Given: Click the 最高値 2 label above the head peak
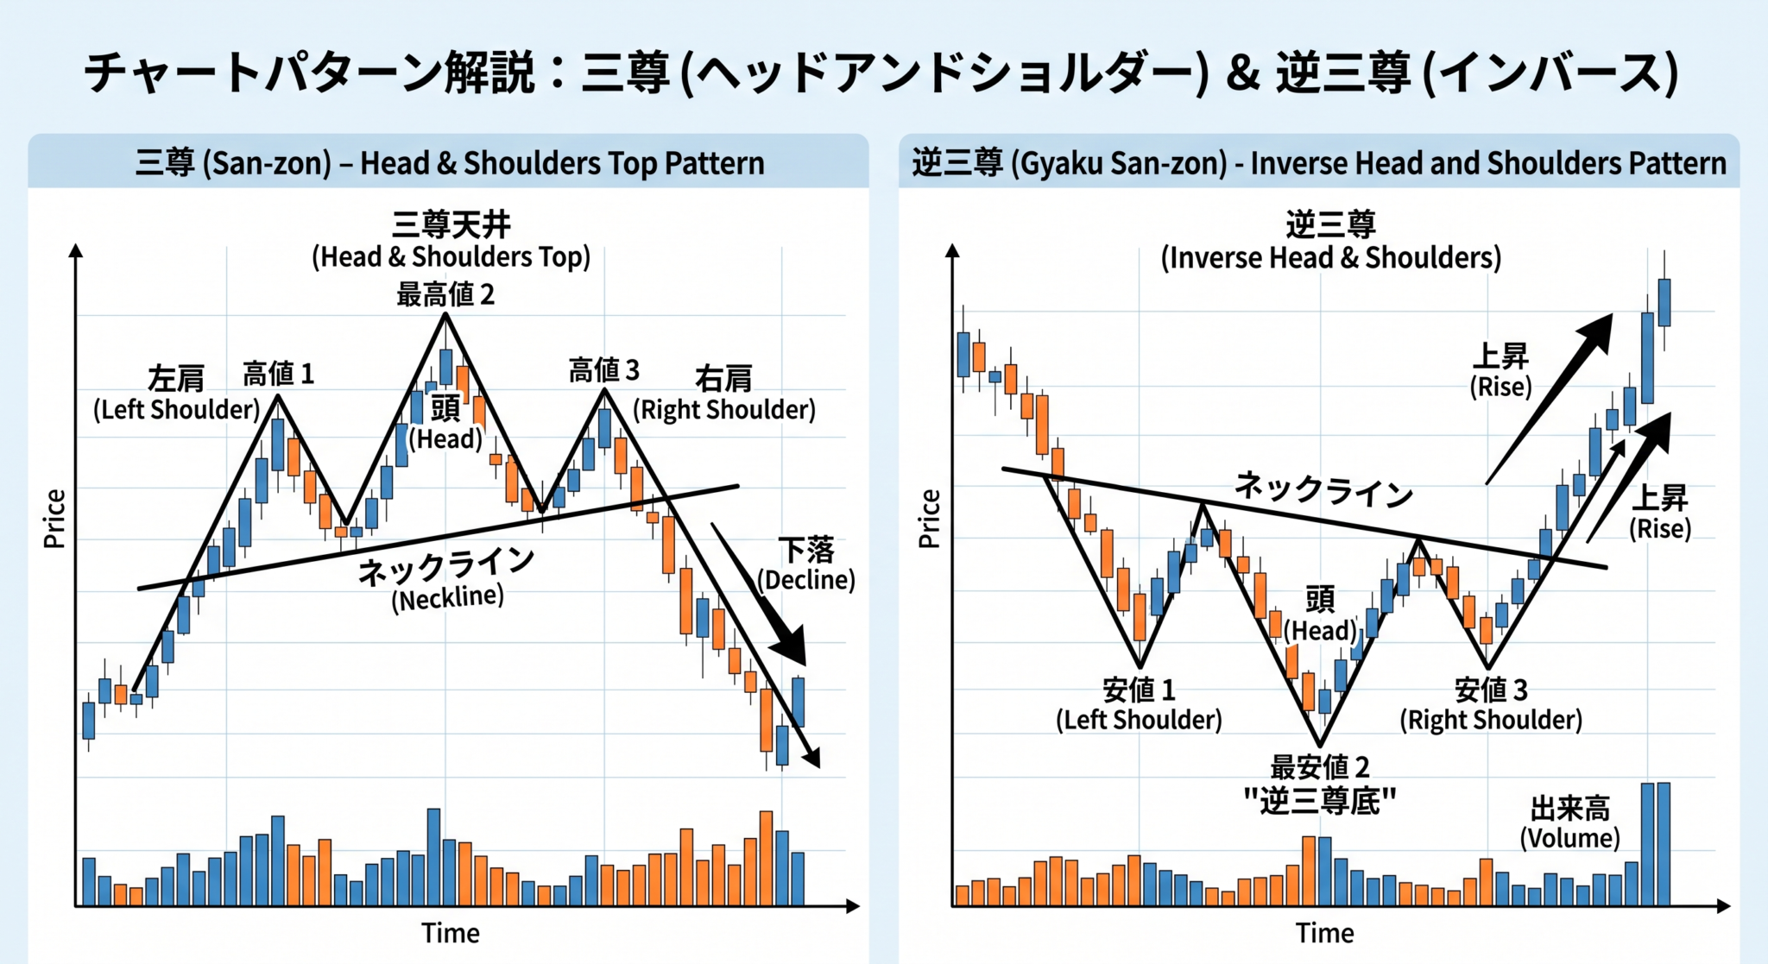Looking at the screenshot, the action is pos(445,295).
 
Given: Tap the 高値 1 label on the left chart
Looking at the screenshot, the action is pos(278,374).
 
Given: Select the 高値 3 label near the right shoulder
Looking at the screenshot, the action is pos(603,370).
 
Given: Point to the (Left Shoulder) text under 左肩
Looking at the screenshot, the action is pos(177,409).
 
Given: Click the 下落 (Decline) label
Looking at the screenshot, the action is pos(806,564).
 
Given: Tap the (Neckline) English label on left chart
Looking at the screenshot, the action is pos(447,598).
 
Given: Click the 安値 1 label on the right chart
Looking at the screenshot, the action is pos(1139,690).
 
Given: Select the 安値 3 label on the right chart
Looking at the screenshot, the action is pos(1491,690).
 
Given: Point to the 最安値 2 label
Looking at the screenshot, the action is pos(1320,766).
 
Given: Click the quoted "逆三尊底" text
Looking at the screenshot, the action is pos(1320,802).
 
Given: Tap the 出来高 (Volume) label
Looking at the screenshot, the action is pos(1569,823).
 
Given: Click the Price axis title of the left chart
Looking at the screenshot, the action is pos(54,519).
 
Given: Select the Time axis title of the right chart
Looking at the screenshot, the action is pos(1324,933).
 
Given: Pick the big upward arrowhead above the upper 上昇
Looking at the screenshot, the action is pos(1594,333).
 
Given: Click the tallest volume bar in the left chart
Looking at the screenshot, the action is pos(433,856).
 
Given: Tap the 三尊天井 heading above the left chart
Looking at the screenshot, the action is pos(451,224).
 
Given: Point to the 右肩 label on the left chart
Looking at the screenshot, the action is pos(723,378).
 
